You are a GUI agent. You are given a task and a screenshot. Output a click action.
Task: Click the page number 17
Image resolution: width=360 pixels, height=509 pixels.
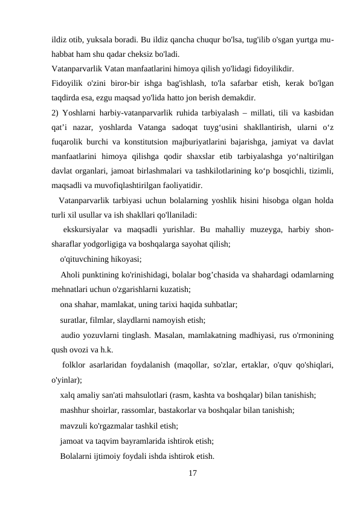(192, 473)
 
